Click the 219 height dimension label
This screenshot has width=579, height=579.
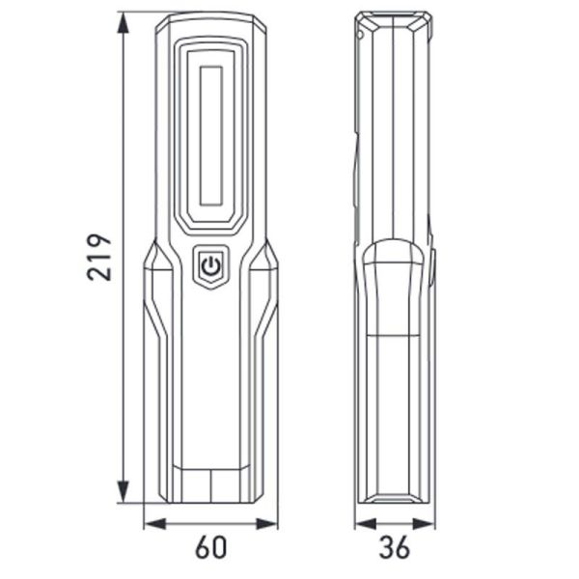(99, 257)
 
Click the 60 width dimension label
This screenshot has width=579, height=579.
(211, 547)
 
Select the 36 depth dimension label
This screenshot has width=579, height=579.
(393, 547)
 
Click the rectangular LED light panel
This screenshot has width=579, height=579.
(211, 135)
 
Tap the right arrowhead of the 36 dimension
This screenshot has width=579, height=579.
(426, 524)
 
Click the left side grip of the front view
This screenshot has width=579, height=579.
(160, 376)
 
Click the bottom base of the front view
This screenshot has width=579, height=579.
(211, 488)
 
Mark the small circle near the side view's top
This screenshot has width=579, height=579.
(360, 36)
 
